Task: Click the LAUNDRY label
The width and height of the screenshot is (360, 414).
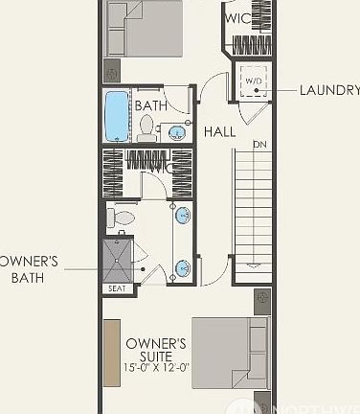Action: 328,91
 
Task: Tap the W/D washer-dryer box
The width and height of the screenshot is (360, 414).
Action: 254,81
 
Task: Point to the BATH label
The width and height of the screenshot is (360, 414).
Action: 151,105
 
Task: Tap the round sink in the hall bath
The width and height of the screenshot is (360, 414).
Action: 177,131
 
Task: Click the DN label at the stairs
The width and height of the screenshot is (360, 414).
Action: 259,145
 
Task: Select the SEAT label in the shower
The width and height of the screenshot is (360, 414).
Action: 117,288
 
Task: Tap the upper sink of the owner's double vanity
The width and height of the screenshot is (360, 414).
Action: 182,215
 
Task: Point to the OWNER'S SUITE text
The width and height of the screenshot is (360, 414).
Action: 155,350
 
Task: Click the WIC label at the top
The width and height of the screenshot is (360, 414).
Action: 238,19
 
